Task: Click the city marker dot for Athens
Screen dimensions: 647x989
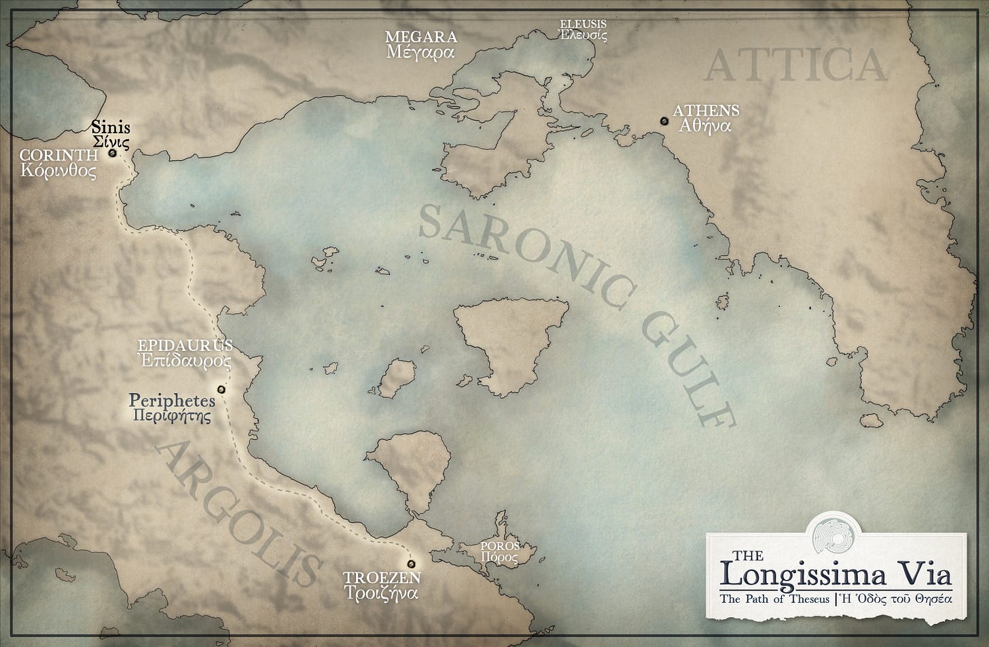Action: (663, 121)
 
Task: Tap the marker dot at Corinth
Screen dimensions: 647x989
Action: (112, 153)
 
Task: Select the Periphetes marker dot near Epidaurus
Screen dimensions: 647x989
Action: (221, 389)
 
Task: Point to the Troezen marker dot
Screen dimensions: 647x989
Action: (410, 563)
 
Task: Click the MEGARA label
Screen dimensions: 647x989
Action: (420, 37)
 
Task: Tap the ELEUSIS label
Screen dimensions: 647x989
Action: (583, 24)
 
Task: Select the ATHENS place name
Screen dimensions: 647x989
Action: (706, 111)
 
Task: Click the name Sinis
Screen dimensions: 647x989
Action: (111, 127)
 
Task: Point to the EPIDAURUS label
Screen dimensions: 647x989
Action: (185, 346)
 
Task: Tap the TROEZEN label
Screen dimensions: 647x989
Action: (382, 578)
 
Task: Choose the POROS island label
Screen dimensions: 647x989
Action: (499, 546)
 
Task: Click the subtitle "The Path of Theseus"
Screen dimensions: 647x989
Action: (774, 599)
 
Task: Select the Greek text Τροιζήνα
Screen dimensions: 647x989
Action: (381, 593)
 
